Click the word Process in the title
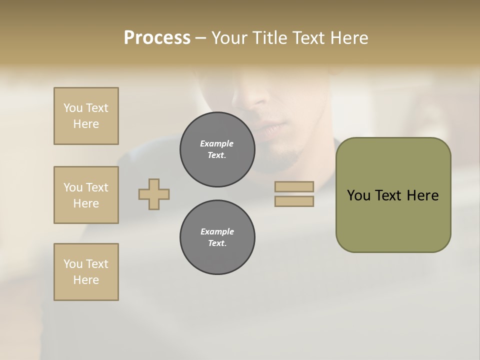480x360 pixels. [x=157, y=38]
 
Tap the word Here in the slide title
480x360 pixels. [x=349, y=38]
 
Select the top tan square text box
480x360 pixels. [x=86, y=116]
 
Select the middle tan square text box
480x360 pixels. [x=86, y=195]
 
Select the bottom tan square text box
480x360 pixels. [x=86, y=272]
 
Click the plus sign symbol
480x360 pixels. [x=154, y=194]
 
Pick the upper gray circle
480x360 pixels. [x=217, y=149]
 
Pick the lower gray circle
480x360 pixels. [x=217, y=237]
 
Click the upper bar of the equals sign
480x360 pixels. [x=294, y=187]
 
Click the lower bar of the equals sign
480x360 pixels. [x=294, y=201]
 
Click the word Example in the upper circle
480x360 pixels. [x=217, y=143]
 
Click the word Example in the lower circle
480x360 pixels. [x=217, y=231]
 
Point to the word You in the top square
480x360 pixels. [x=73, y=108]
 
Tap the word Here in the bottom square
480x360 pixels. [x=86, y=280]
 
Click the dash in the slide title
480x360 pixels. [x=201, y=38]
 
